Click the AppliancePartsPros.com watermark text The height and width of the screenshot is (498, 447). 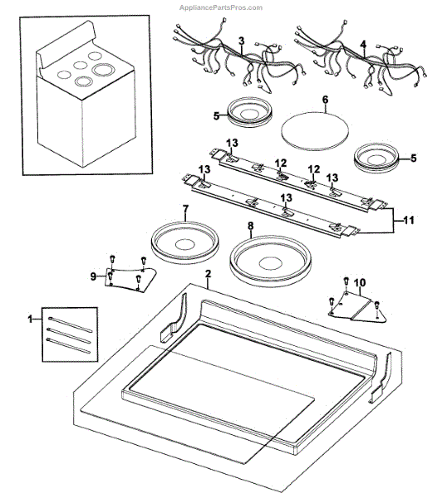point(221,7)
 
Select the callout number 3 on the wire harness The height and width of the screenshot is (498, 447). point(242,41)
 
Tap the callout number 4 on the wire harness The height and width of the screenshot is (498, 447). point(363,44)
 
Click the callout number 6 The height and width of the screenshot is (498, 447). point(325,100)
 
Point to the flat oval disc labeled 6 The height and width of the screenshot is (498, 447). point(315,130)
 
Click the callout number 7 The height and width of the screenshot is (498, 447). point(185,209)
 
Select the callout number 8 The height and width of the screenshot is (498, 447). point(251,226)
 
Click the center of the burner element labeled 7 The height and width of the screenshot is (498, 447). point(185,243)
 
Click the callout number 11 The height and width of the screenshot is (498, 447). point(409,220)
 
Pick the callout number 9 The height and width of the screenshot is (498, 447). point(93,276)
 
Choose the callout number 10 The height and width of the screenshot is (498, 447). point(360,282)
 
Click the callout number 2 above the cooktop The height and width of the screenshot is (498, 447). point(208,274)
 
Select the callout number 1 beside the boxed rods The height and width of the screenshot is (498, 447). point(31,319)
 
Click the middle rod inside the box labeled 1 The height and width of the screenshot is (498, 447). point(68,335)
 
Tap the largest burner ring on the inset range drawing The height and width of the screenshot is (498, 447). point(103,69)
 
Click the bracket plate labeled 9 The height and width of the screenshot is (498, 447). point(130,279)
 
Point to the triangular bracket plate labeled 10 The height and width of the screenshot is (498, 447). point(357,308)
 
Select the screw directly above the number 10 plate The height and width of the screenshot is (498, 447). point(346,281)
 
